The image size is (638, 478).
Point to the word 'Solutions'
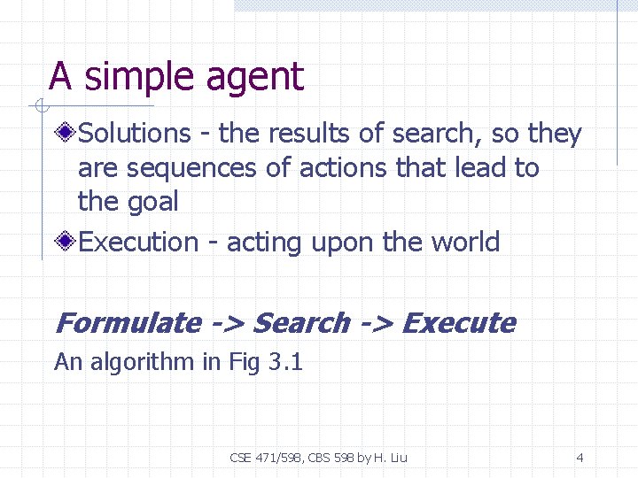click(135, 134)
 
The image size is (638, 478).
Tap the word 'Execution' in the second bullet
click(139, 242)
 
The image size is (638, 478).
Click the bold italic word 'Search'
click(301, 323)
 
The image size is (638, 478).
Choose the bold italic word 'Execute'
click(458, 323)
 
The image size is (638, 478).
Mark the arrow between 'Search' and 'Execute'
click(376, 324)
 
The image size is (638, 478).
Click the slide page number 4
click(580, 458)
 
